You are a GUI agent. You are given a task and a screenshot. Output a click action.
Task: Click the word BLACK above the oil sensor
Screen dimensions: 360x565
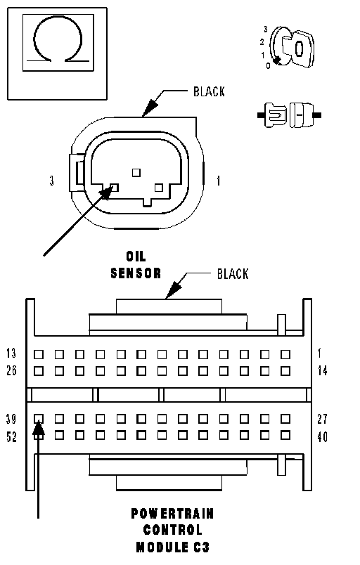pyautogui.click(x=209, y=91)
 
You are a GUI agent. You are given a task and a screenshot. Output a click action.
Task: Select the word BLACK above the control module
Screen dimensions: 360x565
pyautogui.click(x=233, y=274)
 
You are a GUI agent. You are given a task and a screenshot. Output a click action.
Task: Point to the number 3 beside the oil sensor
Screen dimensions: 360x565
pyautogui.click(x=52, y=181)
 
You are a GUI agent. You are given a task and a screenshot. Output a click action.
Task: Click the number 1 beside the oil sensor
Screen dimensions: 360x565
pyautogui.click(x=219, y=181)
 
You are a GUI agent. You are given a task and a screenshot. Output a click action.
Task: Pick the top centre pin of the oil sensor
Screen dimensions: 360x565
pyautogui.click(x=136, y=173)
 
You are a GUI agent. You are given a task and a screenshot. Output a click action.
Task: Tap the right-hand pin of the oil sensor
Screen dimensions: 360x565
pyautogui.click(x=159, y=188)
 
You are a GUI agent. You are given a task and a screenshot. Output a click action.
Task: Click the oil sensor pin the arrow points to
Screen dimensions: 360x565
pyautogui.click(x=114, y=188)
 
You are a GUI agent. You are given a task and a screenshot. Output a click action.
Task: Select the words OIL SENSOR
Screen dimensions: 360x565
pyautogui.click(x=136, y=265)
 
